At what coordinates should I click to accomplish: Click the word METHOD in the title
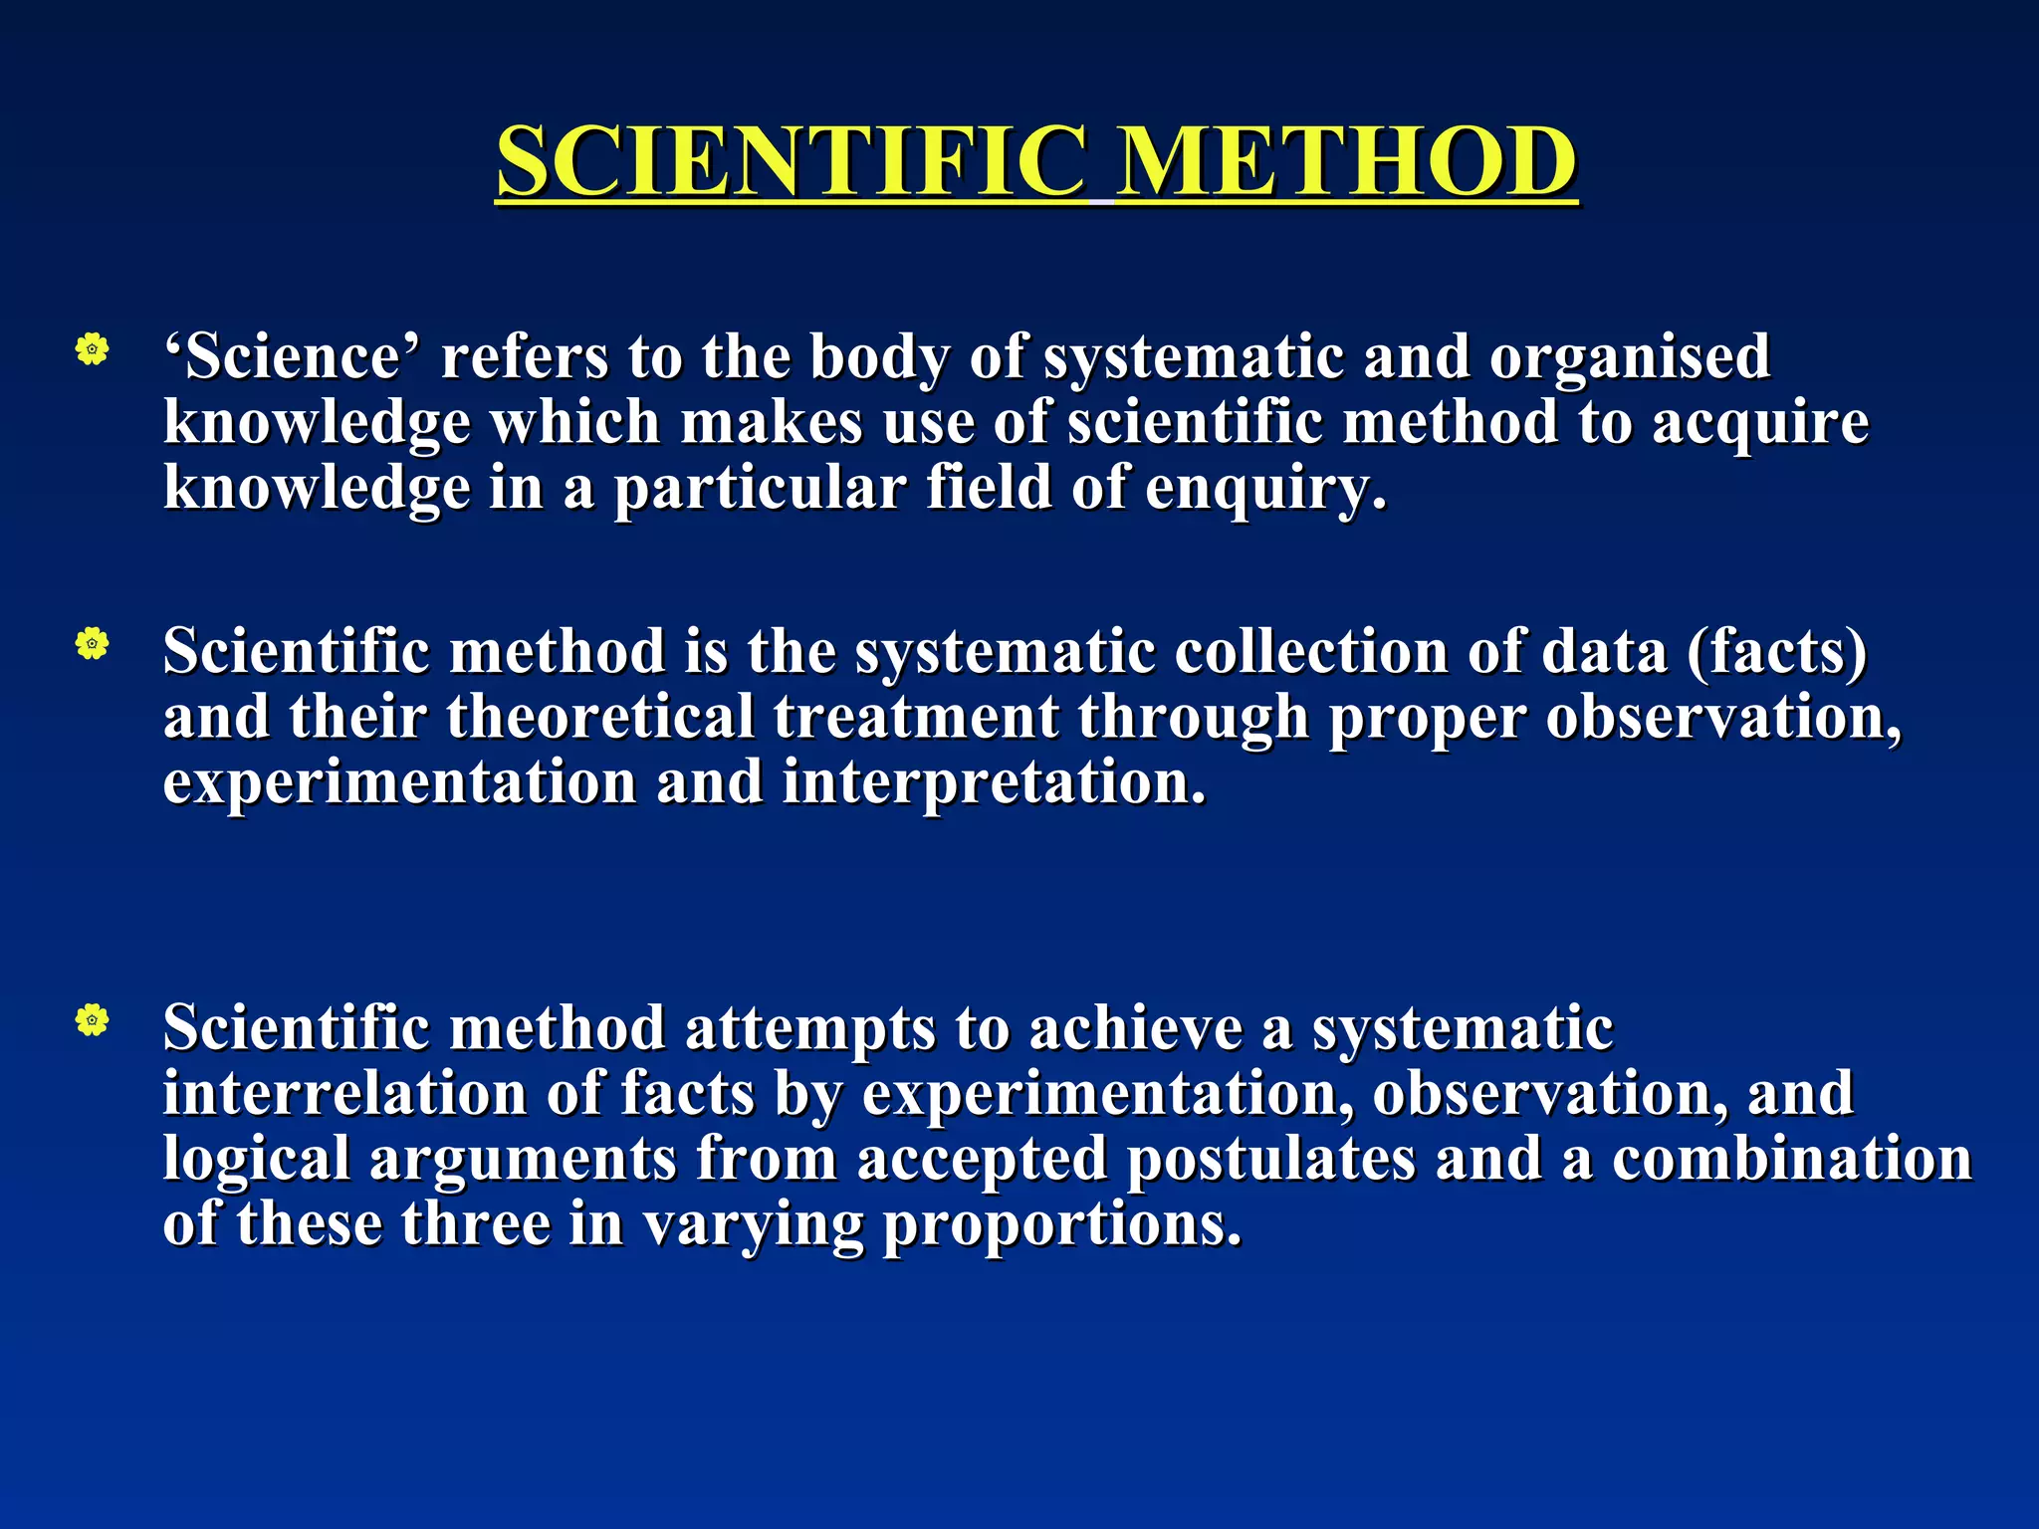(1345, 161)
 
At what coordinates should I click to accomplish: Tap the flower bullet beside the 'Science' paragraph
(92, 349)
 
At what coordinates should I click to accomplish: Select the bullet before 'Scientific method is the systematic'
(92, 645)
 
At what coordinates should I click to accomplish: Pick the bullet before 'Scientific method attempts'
(92, 1020)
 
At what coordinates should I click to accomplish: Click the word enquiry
(1264, 490)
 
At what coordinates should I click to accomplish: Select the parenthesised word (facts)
(1776, 652)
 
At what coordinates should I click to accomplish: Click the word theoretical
(600, 718)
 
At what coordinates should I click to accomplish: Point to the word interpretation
(994, 782)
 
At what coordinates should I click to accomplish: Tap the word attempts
(810, 1029)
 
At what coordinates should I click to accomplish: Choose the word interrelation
(344, 1093)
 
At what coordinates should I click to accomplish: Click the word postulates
(1270, 1160)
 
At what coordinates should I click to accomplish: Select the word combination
(1791, 1159)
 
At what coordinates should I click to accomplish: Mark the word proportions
(1062, 1225)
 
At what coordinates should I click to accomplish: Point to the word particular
(760, 490)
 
